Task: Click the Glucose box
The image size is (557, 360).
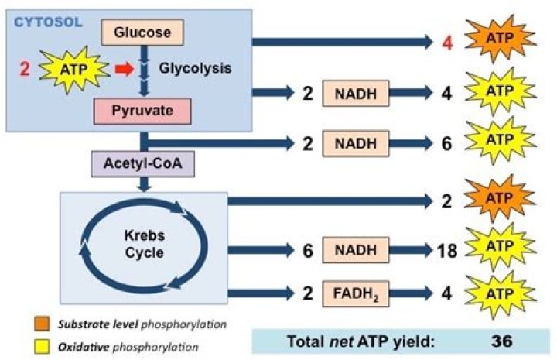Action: (x=143, y=32)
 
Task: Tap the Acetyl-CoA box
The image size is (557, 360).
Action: (x=143, y=165)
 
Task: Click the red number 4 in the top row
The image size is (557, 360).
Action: (x=446, y=41)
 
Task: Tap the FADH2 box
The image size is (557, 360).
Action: (x=357, y=293)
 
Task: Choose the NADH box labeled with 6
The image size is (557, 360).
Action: (x=357, y=250)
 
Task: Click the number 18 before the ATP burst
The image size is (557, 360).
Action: (x=448, y=250)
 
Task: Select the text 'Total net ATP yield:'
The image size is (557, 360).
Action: (x=353, y=340)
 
